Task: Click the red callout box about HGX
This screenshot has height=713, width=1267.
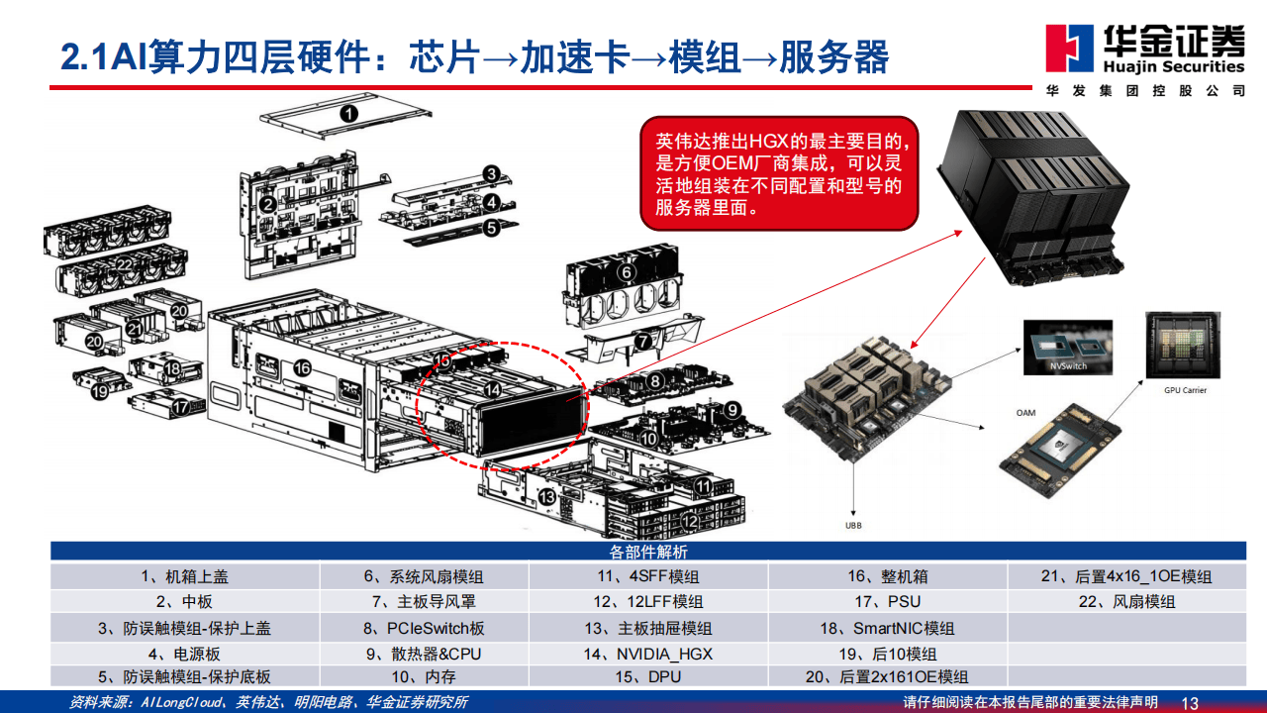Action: pyautogui.click(x=781, y=172)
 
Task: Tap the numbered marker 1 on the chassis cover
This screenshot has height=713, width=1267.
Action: pyautogui.click(x=348, y=114)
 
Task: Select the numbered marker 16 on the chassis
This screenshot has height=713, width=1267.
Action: pyautogui.click(x=302, y=368)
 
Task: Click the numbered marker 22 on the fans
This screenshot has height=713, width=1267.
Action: pyautogui.click(x=124, y=265)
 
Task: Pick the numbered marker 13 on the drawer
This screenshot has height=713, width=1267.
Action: pyautogui.click(x=546, y=495)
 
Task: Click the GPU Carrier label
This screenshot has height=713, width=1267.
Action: pyautogui.click(x=1185, y=390)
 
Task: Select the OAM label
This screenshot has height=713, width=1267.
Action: pyautogui.click(x=1025, y=412)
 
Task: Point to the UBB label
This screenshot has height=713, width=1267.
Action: pyautogui.click(x=853, y=525)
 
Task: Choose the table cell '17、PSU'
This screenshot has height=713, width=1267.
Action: pyautogui.click(x=888, y=602)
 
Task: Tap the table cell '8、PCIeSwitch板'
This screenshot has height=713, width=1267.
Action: pyautogui.click(x=423, y=628)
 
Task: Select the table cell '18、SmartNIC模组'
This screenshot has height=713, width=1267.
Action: pyautogui.click(x=888, y=628)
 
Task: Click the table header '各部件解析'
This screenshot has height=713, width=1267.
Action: pyautogui.click(x=648, y=552)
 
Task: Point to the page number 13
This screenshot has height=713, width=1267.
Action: pyautogui.click(x=1190, y=703)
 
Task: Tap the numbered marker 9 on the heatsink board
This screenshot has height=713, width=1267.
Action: pyautogui.click(x=731, y=409)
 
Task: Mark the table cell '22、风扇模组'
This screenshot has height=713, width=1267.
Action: pyautogui.click(x=1126, y=602)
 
